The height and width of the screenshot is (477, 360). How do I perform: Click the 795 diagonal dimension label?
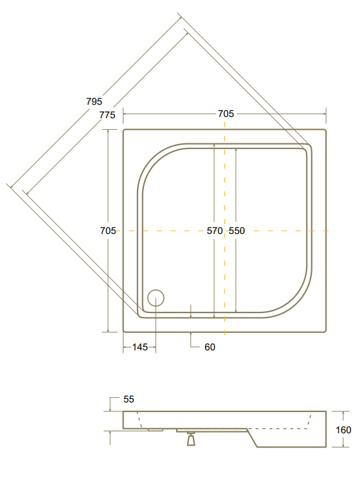94,102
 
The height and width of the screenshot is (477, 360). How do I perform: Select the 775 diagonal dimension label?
107,115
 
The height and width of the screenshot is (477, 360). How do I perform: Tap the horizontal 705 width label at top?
226,114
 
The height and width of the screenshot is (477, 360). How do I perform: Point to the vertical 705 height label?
108,231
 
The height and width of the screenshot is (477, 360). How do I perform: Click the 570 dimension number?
215,231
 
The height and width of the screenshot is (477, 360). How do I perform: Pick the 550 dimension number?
237,231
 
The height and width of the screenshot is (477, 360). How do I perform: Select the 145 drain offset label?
140,347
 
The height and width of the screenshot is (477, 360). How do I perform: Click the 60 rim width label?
210,347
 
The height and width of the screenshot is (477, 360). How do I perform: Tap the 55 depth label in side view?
129,399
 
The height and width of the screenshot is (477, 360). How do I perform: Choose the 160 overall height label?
343,430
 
